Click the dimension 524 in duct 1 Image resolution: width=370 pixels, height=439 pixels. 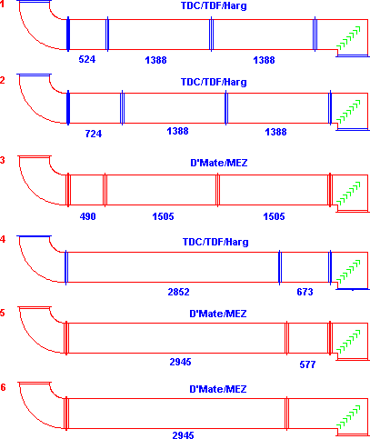coord(87,59)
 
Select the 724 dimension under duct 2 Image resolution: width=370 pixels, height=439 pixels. coord(94,134)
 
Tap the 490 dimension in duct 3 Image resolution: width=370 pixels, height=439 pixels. coord(87,216)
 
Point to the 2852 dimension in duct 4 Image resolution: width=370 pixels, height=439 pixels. coord(178,292)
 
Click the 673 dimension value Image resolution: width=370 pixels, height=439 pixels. coord(305,292)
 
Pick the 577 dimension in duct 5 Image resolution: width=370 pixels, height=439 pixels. coord(307,364)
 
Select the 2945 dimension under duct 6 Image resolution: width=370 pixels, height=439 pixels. coord(183,435)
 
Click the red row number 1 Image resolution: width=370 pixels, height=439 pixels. coord(2,5)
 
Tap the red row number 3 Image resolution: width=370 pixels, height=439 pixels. coord(3,160)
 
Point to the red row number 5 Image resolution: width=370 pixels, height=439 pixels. coord(3,313)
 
